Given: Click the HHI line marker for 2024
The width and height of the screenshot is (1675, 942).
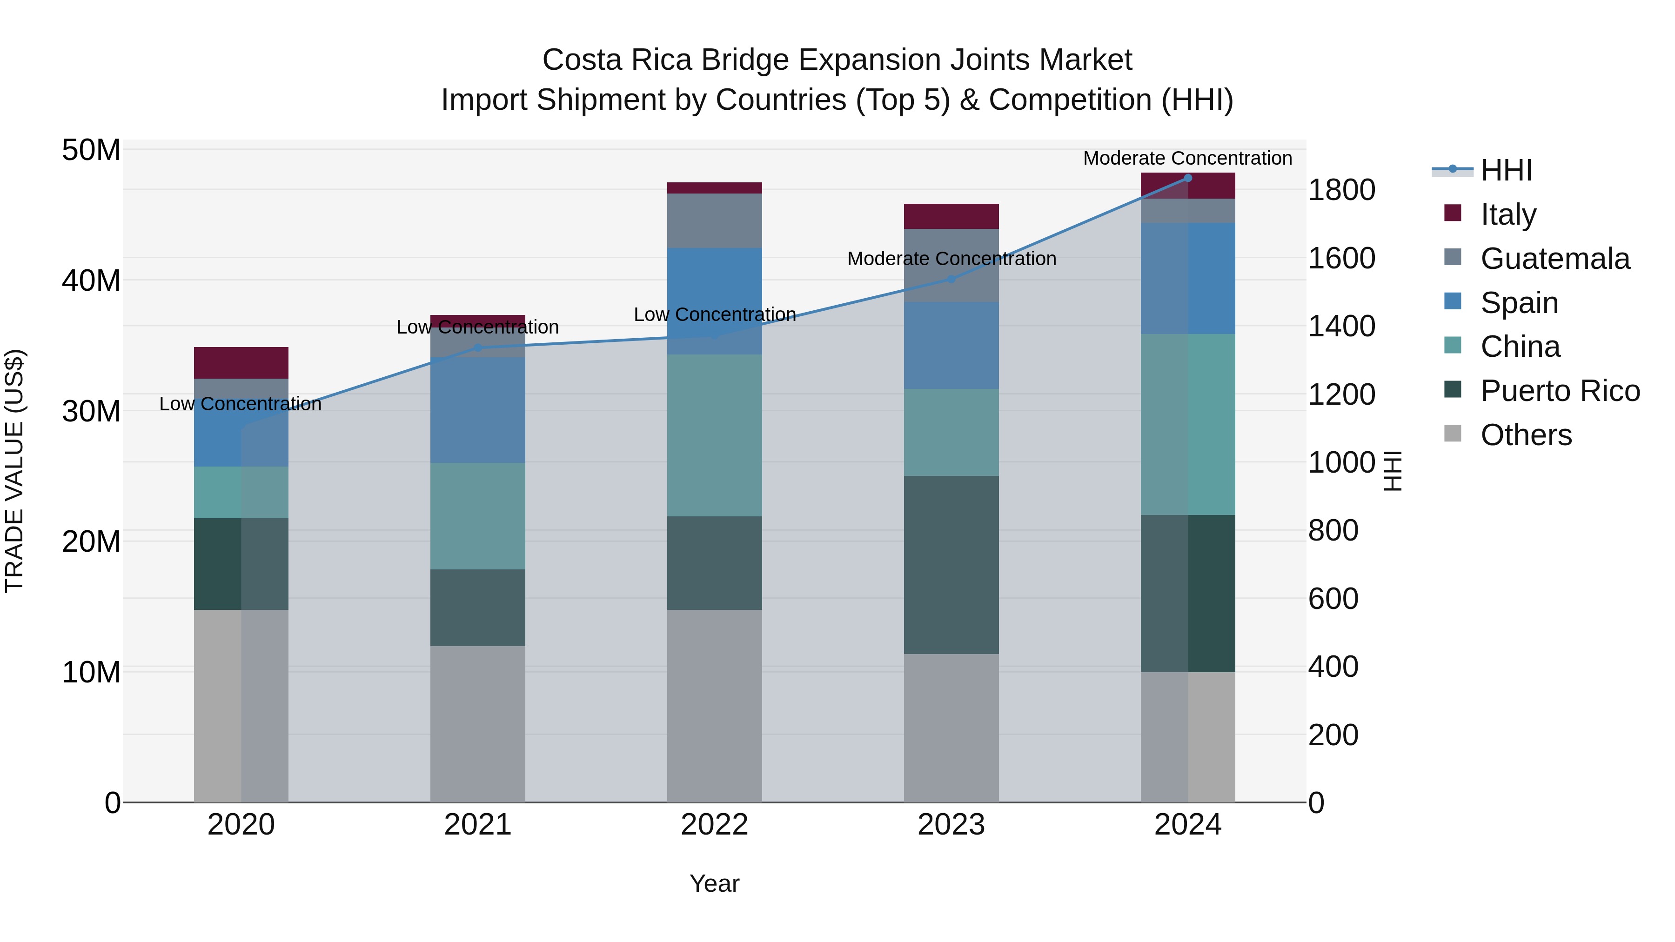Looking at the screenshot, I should [1187, 178].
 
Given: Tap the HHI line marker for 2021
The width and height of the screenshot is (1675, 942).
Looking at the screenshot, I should [478, 348].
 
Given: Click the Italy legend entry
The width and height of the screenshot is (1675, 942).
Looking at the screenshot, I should [1508, 214].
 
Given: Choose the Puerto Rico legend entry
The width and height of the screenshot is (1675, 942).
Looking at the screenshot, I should [1559, 391].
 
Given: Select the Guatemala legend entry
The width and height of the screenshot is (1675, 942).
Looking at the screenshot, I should [1554, 258].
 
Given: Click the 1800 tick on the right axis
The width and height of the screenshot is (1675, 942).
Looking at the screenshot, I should [1341, 190].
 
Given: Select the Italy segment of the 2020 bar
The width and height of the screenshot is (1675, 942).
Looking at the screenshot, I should [241, 363].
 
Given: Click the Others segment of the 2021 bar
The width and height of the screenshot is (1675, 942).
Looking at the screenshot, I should [478, 723].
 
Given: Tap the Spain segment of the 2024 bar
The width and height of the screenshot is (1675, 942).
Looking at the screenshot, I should [1187, 278].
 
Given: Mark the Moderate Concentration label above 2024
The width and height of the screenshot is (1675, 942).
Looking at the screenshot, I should [1187, 158].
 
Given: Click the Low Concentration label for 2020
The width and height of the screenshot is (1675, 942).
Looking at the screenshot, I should [241, 404].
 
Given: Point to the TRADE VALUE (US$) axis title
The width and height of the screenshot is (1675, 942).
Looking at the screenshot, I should [14, 471].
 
